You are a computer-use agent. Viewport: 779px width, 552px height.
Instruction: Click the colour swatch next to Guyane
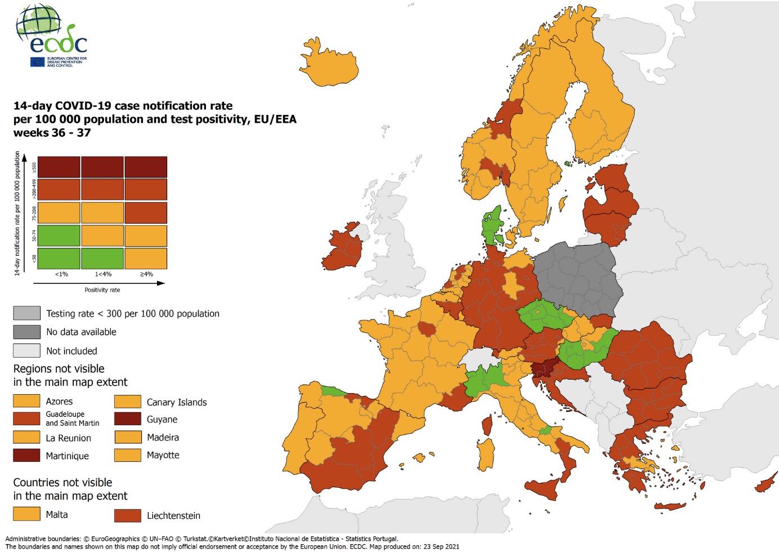tap(128, 419)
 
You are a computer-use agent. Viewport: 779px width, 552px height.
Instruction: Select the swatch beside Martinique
tap(26, 455)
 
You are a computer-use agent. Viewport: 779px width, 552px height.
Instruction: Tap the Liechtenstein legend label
tap(173, 515)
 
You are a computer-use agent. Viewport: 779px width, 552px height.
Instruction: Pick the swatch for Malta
tap(26, 514)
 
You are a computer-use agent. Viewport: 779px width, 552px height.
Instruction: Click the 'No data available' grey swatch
tap(26, 332)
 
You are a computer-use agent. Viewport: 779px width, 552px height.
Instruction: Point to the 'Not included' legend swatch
tap(26, 350)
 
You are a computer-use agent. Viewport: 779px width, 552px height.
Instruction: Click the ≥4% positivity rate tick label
tap(146, 274)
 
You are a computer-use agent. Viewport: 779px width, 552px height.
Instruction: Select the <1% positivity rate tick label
tap(61, 274)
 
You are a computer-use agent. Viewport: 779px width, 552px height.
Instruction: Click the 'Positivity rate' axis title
tap(102, 290)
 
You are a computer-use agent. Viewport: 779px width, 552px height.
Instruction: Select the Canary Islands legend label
tap(177, 402)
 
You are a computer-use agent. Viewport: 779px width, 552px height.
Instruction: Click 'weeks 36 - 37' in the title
tap(52, 133)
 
